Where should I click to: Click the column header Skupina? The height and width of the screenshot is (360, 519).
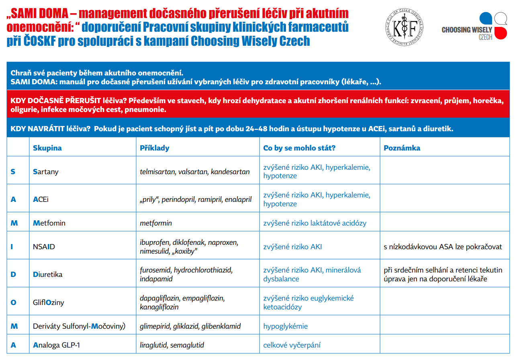(x=47, y=148)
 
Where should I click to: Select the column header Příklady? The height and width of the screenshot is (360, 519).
(x=154, y=148)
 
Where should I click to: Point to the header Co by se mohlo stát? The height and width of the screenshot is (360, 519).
(x=299, y=148)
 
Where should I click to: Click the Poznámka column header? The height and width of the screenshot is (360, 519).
(x=402, y=148)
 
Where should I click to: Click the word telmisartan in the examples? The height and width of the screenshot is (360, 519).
(x=157, y=172)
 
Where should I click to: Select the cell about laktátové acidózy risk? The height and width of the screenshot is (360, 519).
(x=315, y=223)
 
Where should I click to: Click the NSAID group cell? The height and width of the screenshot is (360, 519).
(x=44, y=247)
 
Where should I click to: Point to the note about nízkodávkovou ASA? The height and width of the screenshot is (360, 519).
(x=443, y=247)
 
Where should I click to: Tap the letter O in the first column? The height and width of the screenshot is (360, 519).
(x=13, y=302)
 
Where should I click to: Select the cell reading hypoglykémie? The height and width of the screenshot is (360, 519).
(x=285, y=326)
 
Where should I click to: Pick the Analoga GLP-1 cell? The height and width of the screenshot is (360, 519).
(x=56, y=345)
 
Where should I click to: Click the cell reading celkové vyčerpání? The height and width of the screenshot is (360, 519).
(x=292, y=345)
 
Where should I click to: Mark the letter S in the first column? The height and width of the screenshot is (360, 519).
(x=13, y=172)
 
